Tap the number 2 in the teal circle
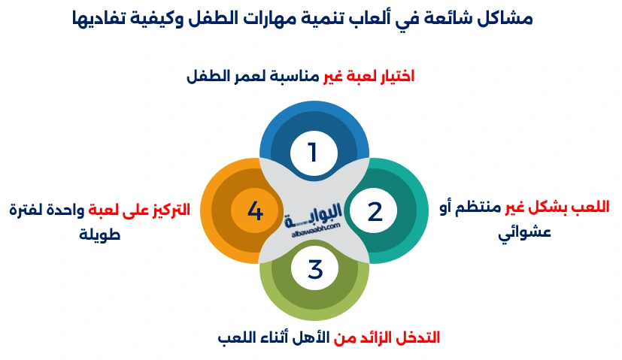pos(375,211)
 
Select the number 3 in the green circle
pos(314,269)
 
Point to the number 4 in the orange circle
pos(255,211)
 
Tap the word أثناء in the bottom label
pos(270,337)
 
